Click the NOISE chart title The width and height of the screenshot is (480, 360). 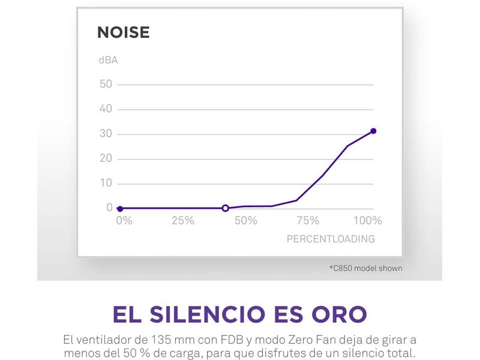click(123, 32)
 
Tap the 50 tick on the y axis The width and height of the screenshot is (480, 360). click(106, 84)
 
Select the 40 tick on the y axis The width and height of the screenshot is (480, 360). click(106, 109)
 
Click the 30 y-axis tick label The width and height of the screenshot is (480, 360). click(106, 134)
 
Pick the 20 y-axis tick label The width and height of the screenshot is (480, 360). click(106, 158)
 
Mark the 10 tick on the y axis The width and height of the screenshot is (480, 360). click(106, 183)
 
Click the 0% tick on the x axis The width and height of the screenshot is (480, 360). click(124, 221)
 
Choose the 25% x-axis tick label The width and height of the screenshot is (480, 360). click(183, 221)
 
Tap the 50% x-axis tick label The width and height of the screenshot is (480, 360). click(246, 221)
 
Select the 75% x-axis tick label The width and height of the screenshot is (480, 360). click(308, 221)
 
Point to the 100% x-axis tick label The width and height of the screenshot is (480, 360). click(368, 221)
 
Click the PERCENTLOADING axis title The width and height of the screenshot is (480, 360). click(331, 239)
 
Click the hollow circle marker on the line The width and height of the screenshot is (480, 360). click(226, 208)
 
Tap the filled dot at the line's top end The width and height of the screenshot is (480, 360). click(373, 131)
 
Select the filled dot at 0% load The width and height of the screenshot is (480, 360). click(120, 209)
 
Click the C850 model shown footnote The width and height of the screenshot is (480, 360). click(366, 268)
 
